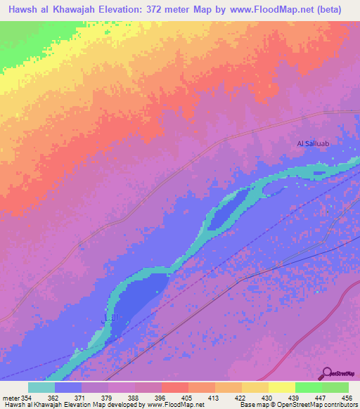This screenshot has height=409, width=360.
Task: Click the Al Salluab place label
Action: [x=313, y=143]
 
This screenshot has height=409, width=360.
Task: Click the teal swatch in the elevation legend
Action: [x=41, y=387]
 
